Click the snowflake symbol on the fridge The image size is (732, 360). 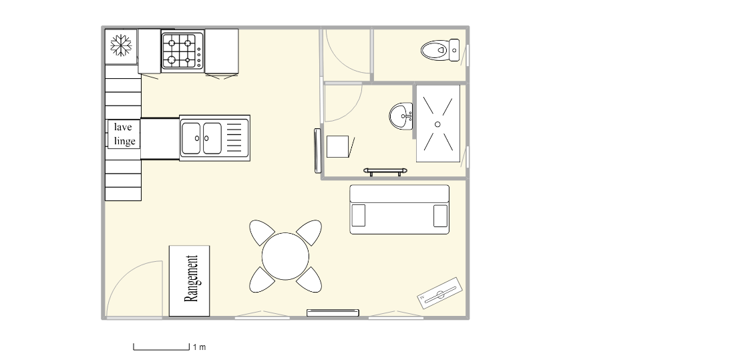(x=121, y=45)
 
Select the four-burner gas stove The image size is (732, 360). (x=182, y=51)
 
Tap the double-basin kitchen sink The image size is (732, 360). (x=215, y=138)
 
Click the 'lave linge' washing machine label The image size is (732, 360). (x=124, y=134)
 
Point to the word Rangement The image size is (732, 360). (x=191, y=279)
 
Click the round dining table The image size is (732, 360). (x=285, y=256)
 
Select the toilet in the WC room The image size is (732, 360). (x=439, y=50)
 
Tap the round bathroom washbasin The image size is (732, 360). (x=401, y=116)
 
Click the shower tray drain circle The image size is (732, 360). (x=437, y=124)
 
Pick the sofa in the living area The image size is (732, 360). (x=399, y=210)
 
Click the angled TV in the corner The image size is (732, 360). (x=439, y=293)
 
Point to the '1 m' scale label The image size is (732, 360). (x=199, y=347)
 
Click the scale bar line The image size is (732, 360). (x=162, y=349)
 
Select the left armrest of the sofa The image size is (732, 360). (x=359, y=216)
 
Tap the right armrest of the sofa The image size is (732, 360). (x=440, y=216)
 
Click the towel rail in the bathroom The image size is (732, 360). (x=385, y=172)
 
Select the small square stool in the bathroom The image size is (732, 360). (x=337, y=147)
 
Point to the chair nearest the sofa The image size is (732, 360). (x=309, y=232)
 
